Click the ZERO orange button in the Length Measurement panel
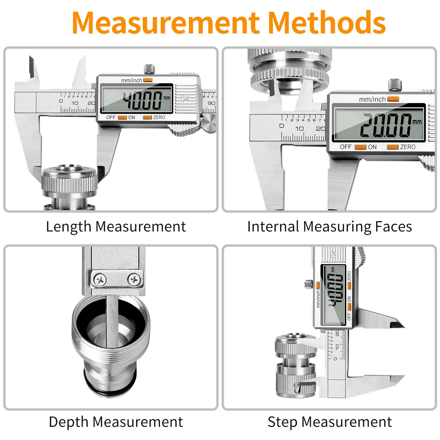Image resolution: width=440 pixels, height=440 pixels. coord(147,117)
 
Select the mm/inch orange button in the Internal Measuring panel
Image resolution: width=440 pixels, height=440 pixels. coord(393,99)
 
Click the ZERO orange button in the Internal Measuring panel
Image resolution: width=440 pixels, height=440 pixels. coord(392,147)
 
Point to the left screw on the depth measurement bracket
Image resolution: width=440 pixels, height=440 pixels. coord(100,280)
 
